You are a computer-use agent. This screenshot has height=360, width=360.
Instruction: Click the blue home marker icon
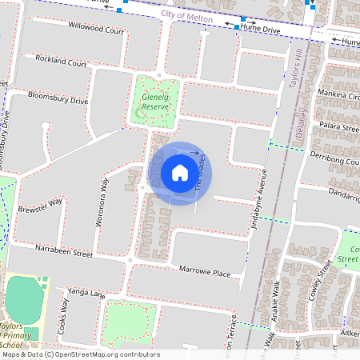point(180,173)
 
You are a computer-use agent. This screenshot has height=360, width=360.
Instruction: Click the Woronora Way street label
point(102,203)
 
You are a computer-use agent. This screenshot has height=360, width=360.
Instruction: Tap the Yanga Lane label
point(86,294)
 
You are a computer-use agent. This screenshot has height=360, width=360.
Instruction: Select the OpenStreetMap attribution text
point(81,354)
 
